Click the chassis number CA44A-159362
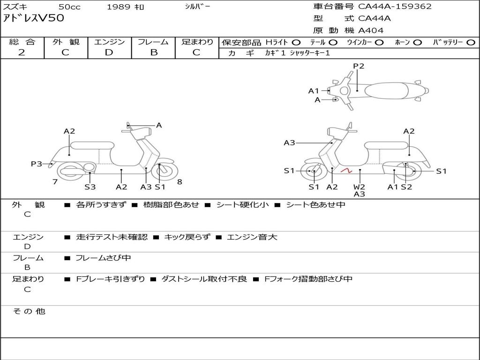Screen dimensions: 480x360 pos(395,7)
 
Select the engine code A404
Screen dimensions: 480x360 pos(371,30)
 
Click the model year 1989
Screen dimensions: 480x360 pos(119,7)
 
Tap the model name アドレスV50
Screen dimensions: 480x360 pos(34,19)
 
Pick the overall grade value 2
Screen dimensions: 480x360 pos(22,52)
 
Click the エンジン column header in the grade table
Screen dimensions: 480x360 pos(109,42)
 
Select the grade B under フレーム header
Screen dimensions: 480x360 pos(153,52)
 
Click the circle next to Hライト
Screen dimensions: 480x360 pos(296,43)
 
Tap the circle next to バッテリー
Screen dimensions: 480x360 pos(471,43)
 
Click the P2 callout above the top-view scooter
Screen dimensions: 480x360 pos(359,66)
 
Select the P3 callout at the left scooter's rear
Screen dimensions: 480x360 pos(37,164)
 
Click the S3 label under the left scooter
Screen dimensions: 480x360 pos(90,187)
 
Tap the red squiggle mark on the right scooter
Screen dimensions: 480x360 pos(346,171)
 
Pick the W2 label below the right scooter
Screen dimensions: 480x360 pos(360,186)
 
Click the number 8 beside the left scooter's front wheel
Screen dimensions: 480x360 pos(180,182)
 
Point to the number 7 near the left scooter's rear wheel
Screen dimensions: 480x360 pos(55,182)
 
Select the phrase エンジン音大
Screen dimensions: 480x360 pos(252,237)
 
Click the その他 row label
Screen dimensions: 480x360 pos(29,311)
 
